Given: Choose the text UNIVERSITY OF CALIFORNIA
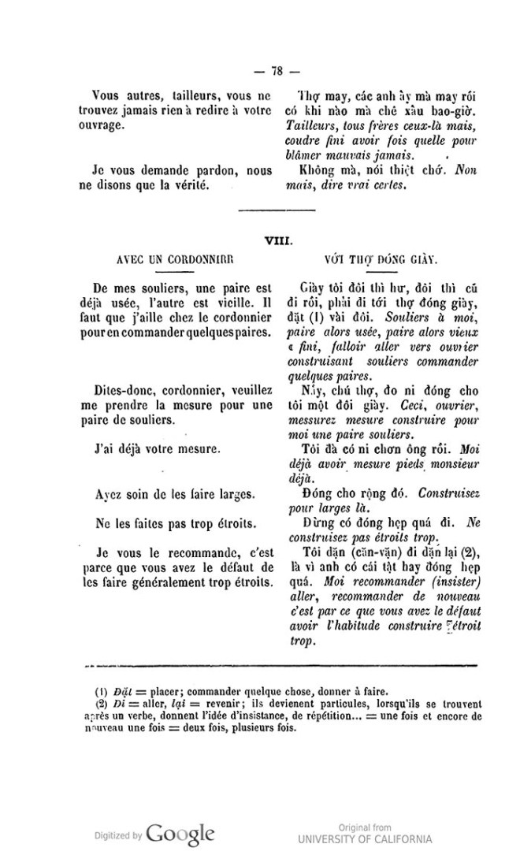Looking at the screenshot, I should [365, 838].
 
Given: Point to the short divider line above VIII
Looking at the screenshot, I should [276, 210].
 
